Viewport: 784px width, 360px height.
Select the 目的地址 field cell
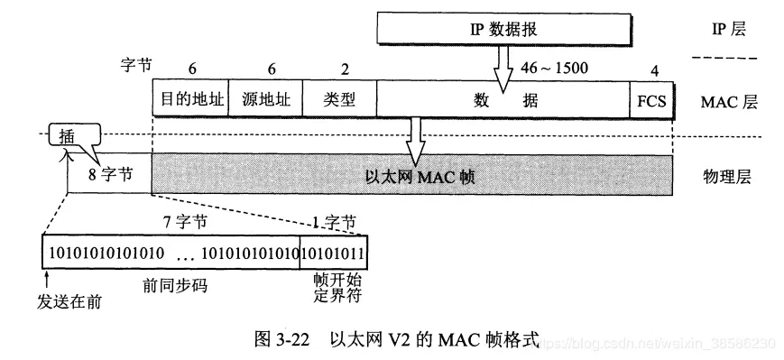[x=190, y=101]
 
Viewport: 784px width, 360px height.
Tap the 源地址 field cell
[x=266, y=101]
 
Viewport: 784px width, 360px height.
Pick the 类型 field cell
[x=339, y=101]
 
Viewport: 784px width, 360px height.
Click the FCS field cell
[x=650, y=101]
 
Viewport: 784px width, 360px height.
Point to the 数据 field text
[x=502, y=101]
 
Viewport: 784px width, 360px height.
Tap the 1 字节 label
[x=333, y=220]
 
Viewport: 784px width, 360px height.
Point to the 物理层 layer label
[x=727, y=177]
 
